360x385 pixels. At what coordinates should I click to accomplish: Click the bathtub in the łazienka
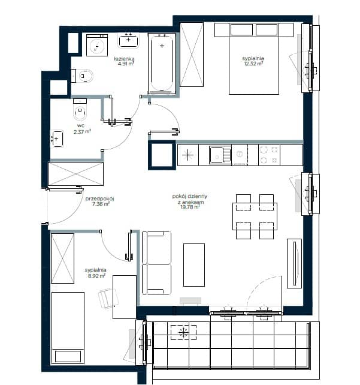coord(162,64)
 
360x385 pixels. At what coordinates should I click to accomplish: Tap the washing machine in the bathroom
coord(97,45)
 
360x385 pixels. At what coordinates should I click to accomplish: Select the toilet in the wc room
coord(80,110)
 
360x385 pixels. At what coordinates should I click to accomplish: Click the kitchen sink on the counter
coord(220,155)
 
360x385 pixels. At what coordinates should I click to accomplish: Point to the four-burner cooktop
coord(269,155)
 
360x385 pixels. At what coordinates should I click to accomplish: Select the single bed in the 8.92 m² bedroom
coord(68,328)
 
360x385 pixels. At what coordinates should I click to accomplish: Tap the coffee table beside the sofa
coord(194,265)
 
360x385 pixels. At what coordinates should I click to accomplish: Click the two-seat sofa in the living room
coord(156,263)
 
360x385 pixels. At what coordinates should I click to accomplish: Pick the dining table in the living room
coord(255,216)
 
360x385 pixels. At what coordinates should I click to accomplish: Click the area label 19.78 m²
coord(190,207)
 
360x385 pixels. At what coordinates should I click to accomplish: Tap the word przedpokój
coord(100,198)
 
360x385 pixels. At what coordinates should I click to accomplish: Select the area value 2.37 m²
coord(83,131)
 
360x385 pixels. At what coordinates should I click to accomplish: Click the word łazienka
coord(125,59)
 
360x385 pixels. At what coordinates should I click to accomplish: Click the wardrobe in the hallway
coord(76,174)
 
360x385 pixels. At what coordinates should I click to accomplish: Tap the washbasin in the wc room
coord(57,139)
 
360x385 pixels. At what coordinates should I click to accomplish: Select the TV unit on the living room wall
coord(295,263)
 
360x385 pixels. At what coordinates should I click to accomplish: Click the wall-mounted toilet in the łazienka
coord(83,76)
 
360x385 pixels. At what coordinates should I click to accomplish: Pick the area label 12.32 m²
coord(253,64)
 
